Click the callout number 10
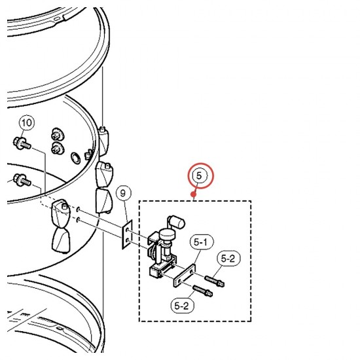pyautogui.click(x=27, y=122)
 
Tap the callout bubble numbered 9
pyautogui.click(x=123, y=194)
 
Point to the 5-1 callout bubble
pyautogui.click(x=202, y=242)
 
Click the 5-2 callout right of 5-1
pyautogui.click(x=228, y=259)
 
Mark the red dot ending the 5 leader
pyautogui.click(x=194, y=194)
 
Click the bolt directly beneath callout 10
pyautogui.click(x=22, y=143)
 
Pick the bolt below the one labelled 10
pyautogui.click(x=22, y=180)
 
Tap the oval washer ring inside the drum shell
pyautogui.click(x=75, y=158)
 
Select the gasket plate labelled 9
pyautogui.click(x=127, y=234)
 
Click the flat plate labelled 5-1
pyautogui.click(x=185, y=276)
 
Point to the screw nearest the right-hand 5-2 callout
pyautogui.click(x=215, y=281)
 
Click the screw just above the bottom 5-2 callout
pyautogui.click(x=203, y=291)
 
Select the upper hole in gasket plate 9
pyautogui.click(x=128, y=230)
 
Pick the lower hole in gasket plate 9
pyautogui.click(x=128, y=241)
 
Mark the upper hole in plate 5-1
pyautogui.click(x=192, y=272)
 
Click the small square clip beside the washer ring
pyautogui.click(x=88, y=154)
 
